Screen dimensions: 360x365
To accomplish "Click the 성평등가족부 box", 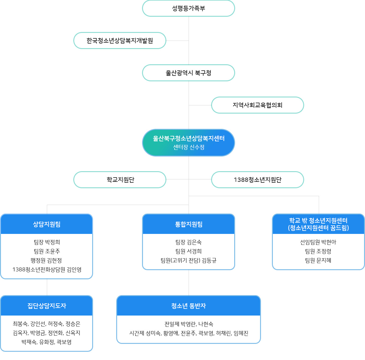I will pos(189,8).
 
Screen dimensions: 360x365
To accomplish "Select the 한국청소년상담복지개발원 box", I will pos(120,41).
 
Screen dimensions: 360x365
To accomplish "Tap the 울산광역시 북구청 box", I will pos(189,73).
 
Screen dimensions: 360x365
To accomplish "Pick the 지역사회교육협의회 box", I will pos(258,105).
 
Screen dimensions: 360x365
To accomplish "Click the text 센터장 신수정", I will pos(189,147).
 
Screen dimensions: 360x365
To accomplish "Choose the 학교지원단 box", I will pos(120,180).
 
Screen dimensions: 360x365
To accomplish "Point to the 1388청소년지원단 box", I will pos(258,180).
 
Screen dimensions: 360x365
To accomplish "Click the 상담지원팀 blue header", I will pos(47,224).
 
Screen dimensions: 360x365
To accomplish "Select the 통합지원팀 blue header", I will pos(189,224).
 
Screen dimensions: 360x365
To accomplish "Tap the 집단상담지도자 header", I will pos(47,306).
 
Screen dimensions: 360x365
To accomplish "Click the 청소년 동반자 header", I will pos(189,306).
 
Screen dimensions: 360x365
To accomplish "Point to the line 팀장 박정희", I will pos(47,242).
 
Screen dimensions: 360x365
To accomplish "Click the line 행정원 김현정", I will pos(47,260).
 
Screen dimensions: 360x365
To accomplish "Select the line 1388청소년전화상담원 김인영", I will pos(47,270).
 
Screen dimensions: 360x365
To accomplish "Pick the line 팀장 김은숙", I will pos(189,242).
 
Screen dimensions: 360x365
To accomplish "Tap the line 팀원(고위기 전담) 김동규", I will pos(189,260).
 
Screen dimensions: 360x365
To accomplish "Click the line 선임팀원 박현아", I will pos(318,242).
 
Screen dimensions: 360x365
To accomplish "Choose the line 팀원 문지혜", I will pos(318,260).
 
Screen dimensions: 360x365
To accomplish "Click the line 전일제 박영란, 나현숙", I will pos(189,324).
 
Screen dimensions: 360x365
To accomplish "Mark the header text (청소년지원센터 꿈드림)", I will pos(318,228).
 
